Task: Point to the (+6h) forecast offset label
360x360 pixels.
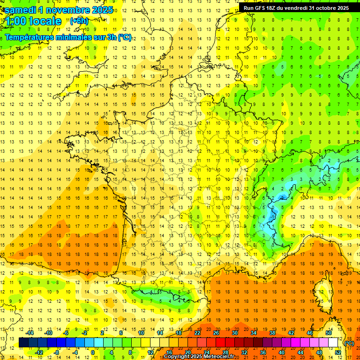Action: tap(78, 21)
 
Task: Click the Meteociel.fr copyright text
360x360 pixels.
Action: tap(206, 357)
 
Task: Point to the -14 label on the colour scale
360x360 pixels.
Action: tap(30, 332)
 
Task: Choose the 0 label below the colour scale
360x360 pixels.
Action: tap(93, 352)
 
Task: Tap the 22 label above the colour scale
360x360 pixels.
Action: tap(197, 332)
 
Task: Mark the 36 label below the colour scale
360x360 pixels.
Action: tap(263, 352)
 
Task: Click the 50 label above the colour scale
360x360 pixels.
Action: tap(329, 332)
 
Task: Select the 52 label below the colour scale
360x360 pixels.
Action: tap(338, 352)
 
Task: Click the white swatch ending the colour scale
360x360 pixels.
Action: tap(333, 343)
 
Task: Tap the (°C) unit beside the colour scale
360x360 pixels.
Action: tap(349, 343)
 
